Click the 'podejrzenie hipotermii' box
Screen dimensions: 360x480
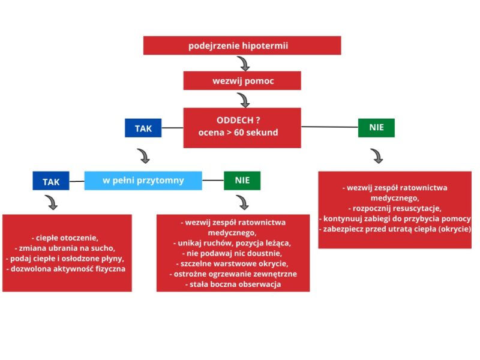242,46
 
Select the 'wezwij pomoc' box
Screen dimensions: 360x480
242,80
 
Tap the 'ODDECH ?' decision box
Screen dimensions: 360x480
242,127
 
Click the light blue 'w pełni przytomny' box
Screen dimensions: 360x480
143,180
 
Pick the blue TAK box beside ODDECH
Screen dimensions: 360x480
143,128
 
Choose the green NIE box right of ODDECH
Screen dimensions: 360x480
376,128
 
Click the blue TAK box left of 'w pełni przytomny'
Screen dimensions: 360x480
51,181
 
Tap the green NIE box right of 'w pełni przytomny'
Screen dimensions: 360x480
242,181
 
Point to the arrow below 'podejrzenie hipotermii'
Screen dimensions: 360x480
243,64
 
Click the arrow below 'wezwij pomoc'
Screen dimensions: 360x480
243,100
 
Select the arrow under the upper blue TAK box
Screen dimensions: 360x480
143,156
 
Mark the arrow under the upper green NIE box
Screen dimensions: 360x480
377,156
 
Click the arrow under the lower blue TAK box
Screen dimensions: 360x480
52,202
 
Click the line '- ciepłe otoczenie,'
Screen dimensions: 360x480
67,237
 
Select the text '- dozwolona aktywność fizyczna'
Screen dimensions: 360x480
67,269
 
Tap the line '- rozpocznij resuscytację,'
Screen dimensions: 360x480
394,208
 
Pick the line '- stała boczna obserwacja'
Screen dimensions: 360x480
233,284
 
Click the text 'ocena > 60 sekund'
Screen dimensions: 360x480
238,133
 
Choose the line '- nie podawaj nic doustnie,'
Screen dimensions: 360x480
233,253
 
